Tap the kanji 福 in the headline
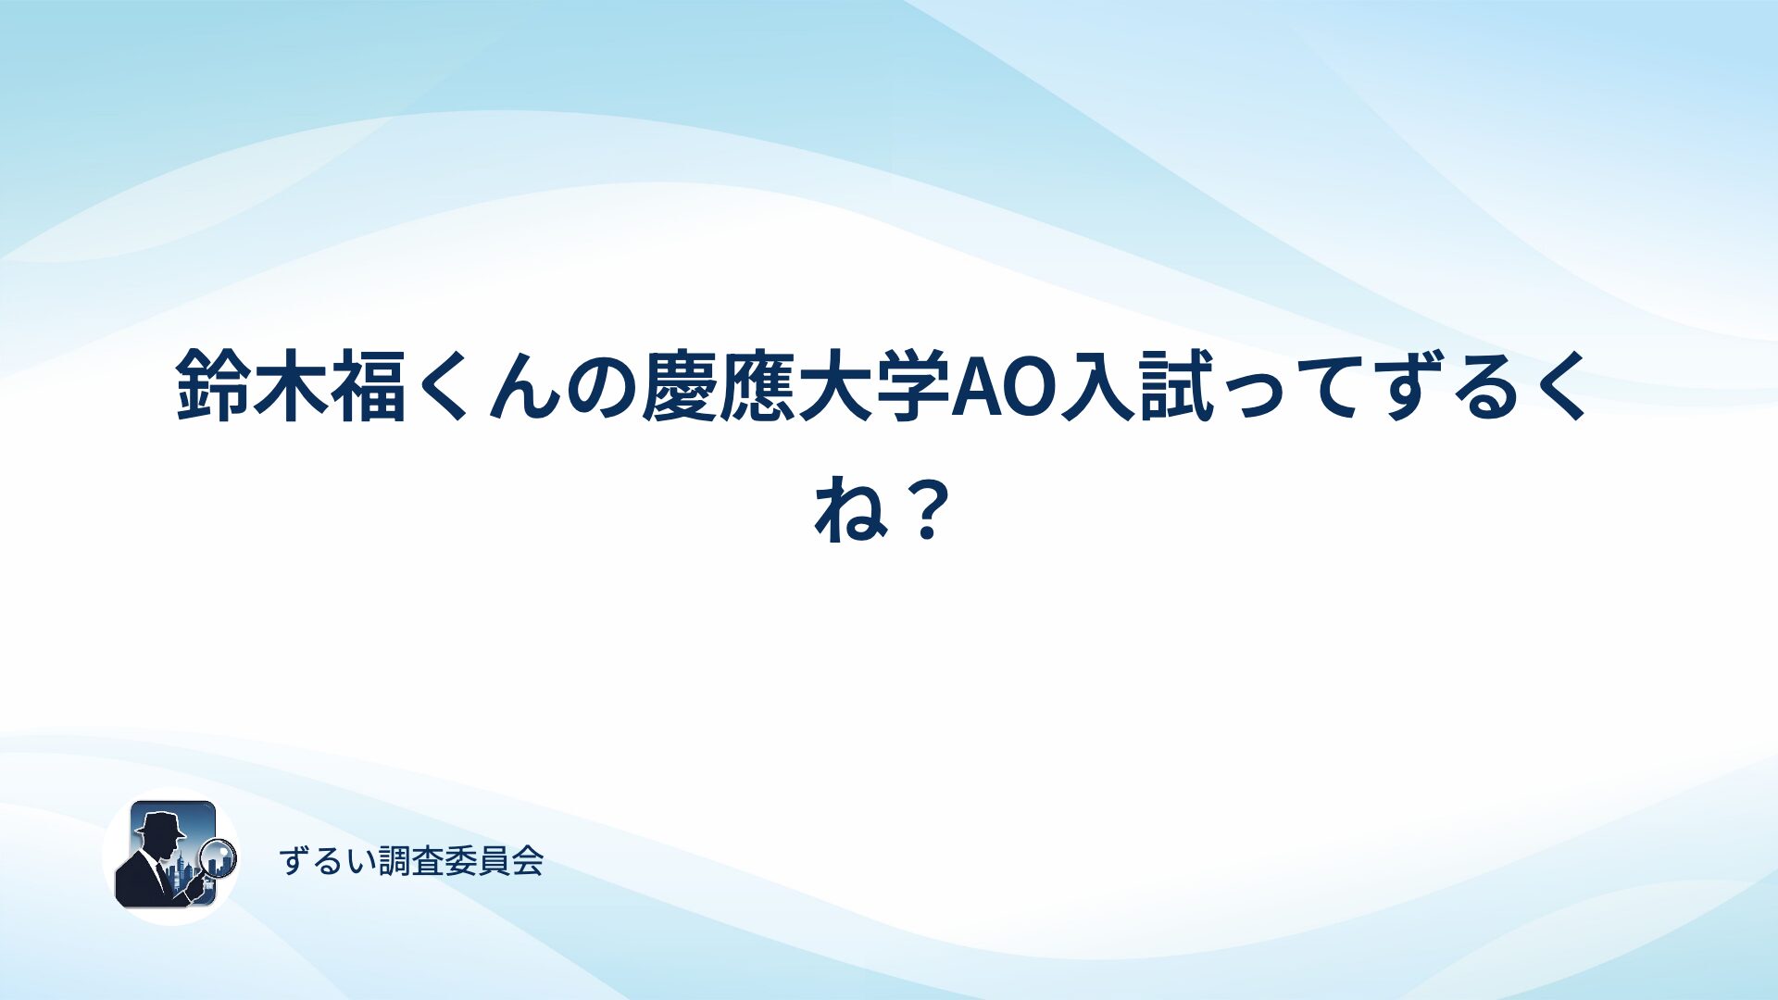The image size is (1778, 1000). click(x=369, y=384)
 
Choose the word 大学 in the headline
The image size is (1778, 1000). click(x=875, y=384)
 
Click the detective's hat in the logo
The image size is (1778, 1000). click(x=160, y=824)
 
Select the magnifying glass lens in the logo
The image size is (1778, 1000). click(x=219, y=857)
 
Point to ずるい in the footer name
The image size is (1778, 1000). click(x=329, y=861)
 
